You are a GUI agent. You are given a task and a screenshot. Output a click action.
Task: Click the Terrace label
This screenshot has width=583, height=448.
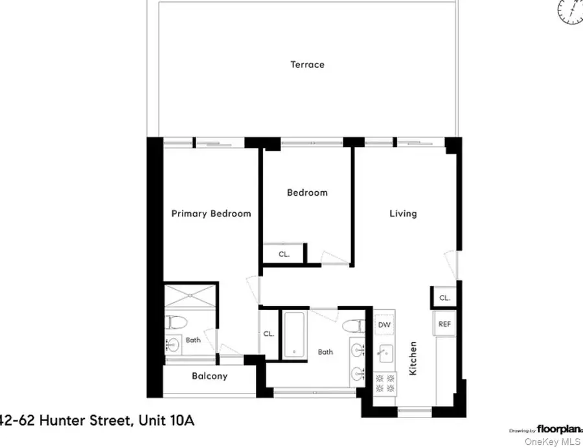(x=307, y=65)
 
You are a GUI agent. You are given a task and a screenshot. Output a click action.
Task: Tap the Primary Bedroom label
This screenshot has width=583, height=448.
(x=211, y=213)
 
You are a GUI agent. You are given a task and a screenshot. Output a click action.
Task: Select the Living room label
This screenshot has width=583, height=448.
(x=402, y=213)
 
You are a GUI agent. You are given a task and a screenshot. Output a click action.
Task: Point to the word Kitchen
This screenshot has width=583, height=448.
(x=413, y=359)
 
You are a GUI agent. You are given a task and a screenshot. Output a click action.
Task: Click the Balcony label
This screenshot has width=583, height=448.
(x=209, y=376)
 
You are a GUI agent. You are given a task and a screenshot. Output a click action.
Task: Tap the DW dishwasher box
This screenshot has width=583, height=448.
(x=385, y=325)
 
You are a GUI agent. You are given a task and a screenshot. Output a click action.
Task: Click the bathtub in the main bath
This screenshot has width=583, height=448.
(x=293, y=333)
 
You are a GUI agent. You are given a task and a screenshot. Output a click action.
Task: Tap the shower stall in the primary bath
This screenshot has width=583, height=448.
(x=190, y=296)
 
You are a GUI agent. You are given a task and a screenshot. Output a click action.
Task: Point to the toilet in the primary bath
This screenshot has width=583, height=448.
(x=176, y=322)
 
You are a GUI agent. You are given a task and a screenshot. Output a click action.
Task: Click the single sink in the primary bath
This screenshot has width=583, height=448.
(x=173, y=344)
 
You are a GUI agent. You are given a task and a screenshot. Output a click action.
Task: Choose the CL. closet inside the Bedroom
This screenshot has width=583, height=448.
(x=284, y=254)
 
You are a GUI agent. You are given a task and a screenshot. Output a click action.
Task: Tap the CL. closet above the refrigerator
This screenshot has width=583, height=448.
(x=444, y=298)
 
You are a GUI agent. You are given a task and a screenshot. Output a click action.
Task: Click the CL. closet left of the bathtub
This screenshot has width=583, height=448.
(x=268, y=335)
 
